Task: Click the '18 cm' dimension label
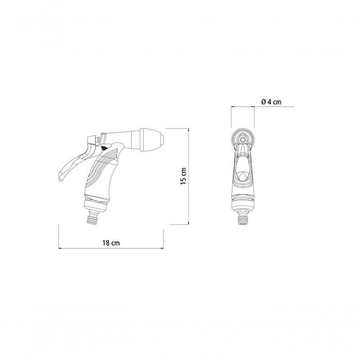click(x=111, y=243)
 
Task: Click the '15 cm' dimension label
click(x=183, y=176)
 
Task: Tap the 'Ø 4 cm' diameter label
click(x=271, y=102)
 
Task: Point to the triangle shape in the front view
click(x=243, y=176)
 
